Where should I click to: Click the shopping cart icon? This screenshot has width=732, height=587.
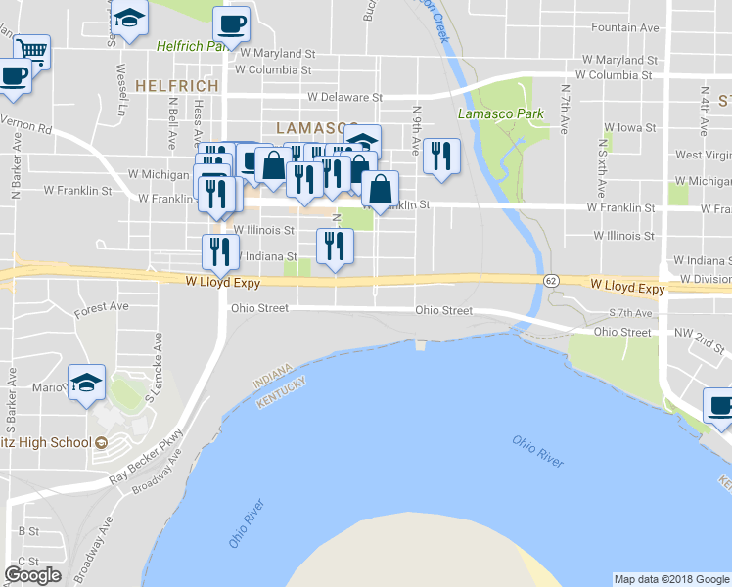coord(31,50)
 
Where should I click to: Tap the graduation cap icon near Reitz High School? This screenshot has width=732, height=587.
coord(86,382)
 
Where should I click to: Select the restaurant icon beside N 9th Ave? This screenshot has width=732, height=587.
coord(441,156)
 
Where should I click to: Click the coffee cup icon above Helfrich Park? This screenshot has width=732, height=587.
coord(231,23)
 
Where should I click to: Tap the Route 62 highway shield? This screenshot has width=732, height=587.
coord(551,280)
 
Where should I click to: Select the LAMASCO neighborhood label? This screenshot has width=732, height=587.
coord(311,128)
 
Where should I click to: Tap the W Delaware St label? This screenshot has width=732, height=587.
coord(344,97)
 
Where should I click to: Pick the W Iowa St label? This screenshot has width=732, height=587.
coord(630,127)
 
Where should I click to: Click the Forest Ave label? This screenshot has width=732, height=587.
coord(102,307)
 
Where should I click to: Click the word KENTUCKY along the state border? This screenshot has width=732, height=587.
coord(282,390)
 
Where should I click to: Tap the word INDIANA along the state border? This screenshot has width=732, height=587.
coord(272,374)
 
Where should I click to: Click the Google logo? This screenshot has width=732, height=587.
coord(32,575)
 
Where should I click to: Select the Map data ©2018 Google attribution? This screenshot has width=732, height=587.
coord(671,579)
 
